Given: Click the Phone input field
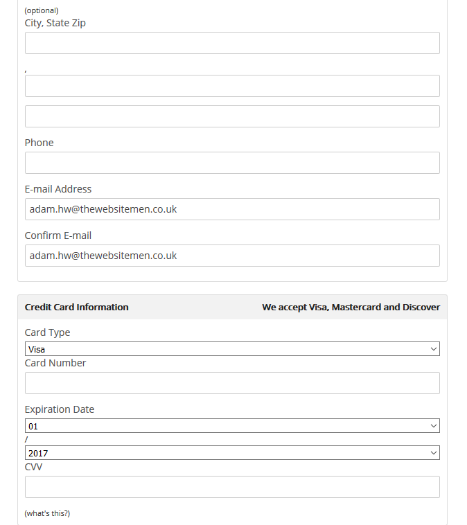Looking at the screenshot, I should click(x=232, y=163).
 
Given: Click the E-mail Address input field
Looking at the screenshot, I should click(x=232, y=209).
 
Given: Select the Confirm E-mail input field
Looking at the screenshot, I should click(x=232, y=256).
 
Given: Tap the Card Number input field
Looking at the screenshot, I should click(x=232, y=383).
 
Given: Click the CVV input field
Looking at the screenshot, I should click(x=232, y=487).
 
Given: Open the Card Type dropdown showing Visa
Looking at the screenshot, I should click(x=232, y=349).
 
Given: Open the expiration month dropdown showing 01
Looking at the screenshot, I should click(x=232, y=426).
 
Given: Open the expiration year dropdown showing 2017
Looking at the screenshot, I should click(x=232, y=453).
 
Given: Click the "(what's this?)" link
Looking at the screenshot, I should click(x=47, y=513).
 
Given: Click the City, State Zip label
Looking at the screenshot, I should click(x=55, y=23).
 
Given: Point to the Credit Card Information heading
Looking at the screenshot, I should click(x=77, y=307).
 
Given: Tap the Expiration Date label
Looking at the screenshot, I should click(x=60, y=409).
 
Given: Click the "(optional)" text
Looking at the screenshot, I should click(x=42, y=10).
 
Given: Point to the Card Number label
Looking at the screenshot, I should click(x=55, y=363).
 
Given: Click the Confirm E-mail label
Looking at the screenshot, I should click(x=58, y=235).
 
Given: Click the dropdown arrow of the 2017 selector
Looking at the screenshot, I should click(x=434, y=453).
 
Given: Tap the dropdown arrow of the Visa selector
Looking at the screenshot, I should click(x=434, y=349).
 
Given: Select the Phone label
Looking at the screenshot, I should click(x=39, y=143).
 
